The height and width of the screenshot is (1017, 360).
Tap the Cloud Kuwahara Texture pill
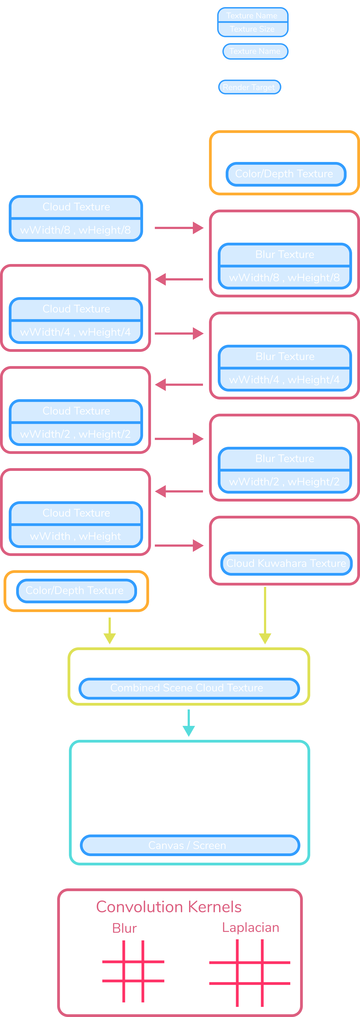click(x=286, y=563)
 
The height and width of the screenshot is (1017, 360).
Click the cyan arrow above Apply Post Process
click(x=189, y=723)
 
